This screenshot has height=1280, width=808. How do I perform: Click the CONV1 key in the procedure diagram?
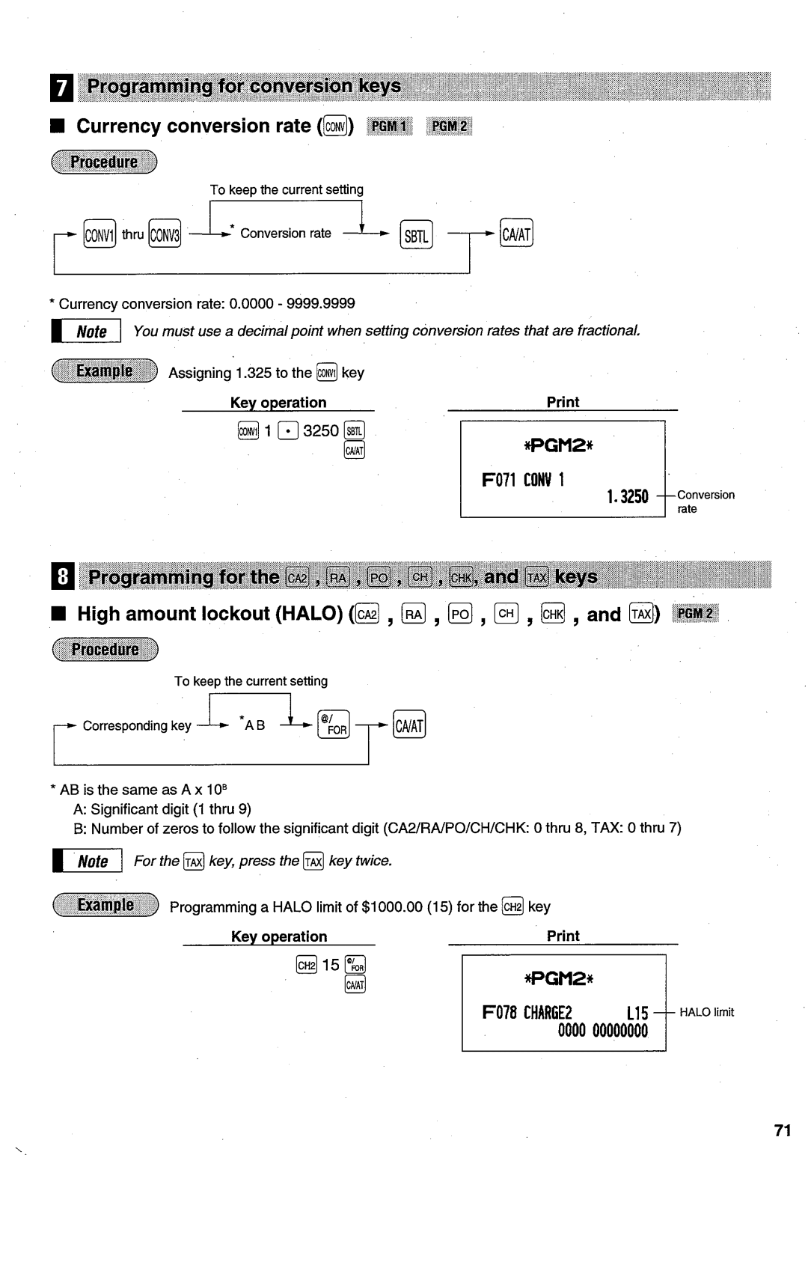coord(100,235)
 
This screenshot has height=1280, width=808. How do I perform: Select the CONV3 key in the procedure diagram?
coord(165,235)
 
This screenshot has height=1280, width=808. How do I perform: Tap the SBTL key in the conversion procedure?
coord(416,236)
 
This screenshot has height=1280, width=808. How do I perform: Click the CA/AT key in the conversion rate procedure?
coord(516,235)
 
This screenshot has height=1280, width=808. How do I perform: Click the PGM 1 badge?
coord(389,127)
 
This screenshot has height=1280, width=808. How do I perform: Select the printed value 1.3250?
coord(627,496)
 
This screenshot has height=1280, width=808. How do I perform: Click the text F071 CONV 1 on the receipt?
coord(523,480)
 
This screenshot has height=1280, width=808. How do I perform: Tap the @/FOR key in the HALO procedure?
coord(334,725)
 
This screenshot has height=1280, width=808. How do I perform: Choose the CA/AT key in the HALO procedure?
coord(409,725)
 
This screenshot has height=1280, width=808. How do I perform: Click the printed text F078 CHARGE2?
coord(527,1014)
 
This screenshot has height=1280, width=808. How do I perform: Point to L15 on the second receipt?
coord(637,1014)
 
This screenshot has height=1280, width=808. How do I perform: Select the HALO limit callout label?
coord(706,1013)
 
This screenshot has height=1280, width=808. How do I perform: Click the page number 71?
coord(783,1130)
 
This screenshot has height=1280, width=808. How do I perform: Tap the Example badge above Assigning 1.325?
coord(105,371)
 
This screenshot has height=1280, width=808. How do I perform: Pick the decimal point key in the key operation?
coord(288,431)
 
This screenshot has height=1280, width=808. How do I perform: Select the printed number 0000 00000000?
coord(603,1031)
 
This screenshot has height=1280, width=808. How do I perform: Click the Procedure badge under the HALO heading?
coord(105,649)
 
